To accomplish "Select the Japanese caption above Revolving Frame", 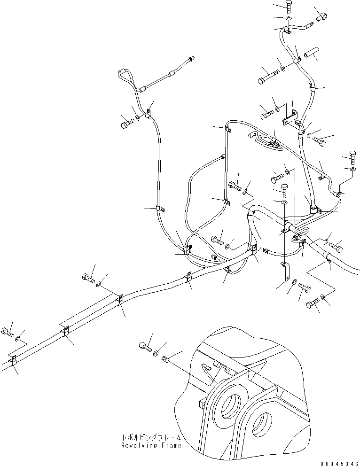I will pyautogui.click(x=151, y=437).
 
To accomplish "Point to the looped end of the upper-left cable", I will pyautogui.click(x=123, y=73).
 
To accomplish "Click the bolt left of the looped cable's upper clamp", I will pyautogui.click(x=125, y=124).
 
